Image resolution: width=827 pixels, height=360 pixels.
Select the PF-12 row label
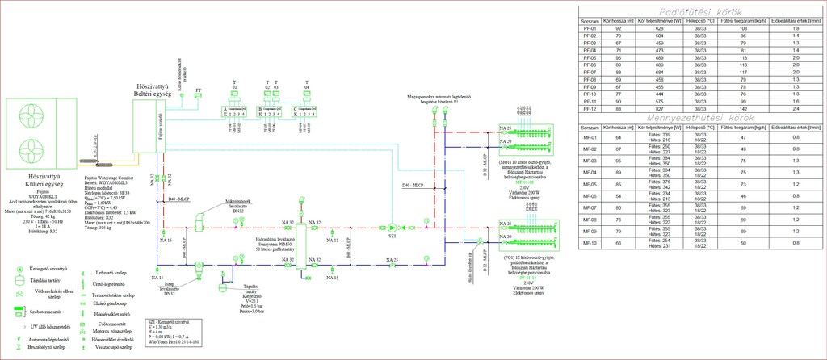click(589, 107)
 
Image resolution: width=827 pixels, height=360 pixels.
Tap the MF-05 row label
click(589, 184)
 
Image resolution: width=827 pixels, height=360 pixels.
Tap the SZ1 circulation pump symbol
click(392, 226)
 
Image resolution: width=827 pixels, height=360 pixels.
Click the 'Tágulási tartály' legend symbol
click(11, 280)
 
